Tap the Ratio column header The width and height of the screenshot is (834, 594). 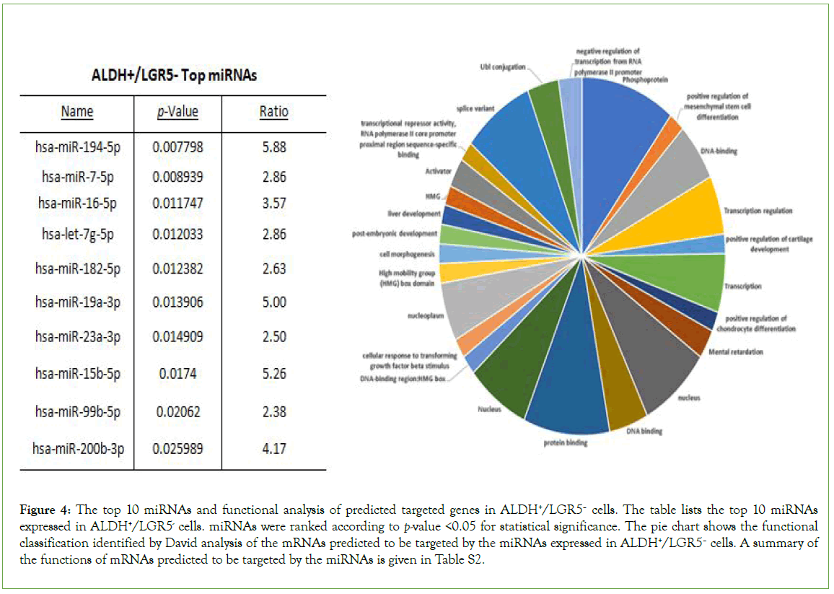click(x=273, y=112)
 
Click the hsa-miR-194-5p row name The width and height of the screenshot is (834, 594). click(x=76, y=147)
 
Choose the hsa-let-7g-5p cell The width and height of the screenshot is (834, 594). click(x=76, y=234)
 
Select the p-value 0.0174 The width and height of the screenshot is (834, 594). click(x=177, y=374)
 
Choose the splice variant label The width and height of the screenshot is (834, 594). click(x=473, y=108)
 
